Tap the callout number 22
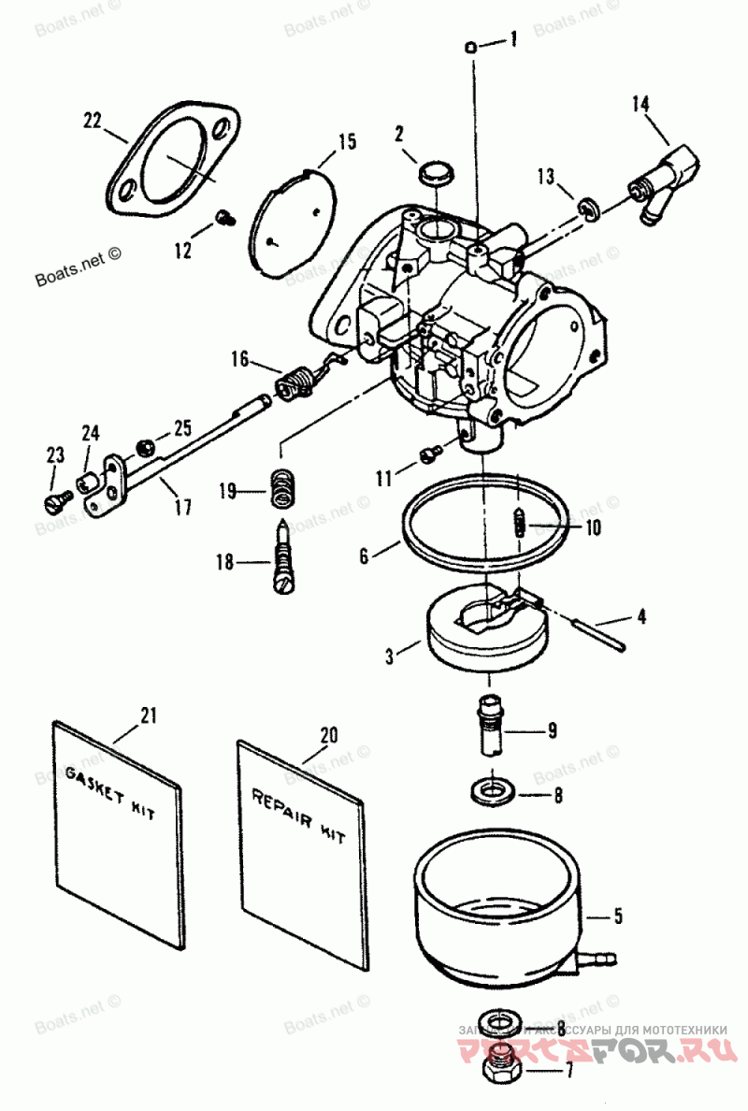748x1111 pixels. click(92, 120)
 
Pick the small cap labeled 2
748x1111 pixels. click(434, 174)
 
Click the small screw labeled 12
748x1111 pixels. click(223, 217)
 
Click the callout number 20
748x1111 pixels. click(327, 735)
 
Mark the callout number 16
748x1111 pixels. click(240, 358)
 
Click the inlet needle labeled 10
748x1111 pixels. click(519, 522)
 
